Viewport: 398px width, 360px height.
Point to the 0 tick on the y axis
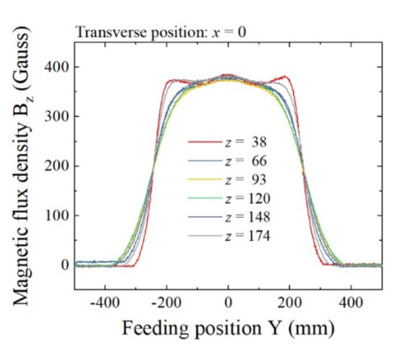click(x=65, y=265)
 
